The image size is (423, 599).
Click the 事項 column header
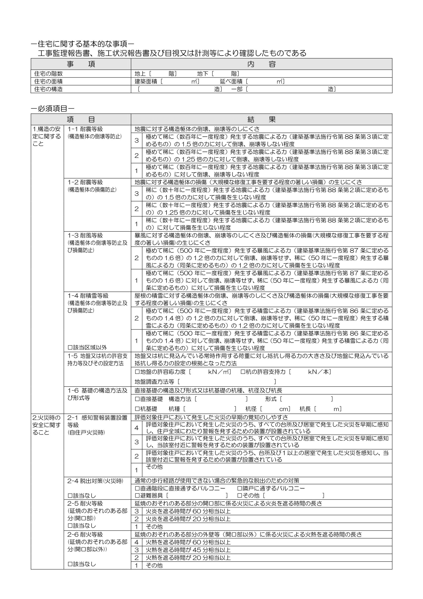point(81,64)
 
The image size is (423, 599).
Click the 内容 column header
point(261,64)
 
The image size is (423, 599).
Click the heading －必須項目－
point(53,109)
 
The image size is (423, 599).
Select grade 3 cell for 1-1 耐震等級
point(136,140)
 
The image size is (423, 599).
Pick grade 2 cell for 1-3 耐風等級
point(136,258)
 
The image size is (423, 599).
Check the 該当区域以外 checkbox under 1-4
point(70,347)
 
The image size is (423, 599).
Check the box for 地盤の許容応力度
point(137,372)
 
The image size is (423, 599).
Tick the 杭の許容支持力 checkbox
point(242,372)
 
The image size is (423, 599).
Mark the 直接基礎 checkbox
point(137,399)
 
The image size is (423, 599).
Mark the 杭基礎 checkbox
point(137,409)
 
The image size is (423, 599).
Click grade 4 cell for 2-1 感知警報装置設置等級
point(136,428)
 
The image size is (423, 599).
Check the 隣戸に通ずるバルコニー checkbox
point(240,488)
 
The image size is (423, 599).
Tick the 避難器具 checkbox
point(137,495)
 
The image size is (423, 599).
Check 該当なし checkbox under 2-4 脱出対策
point(70,496)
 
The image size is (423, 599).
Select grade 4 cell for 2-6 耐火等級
point(136,542)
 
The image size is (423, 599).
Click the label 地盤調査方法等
point(154,382)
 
